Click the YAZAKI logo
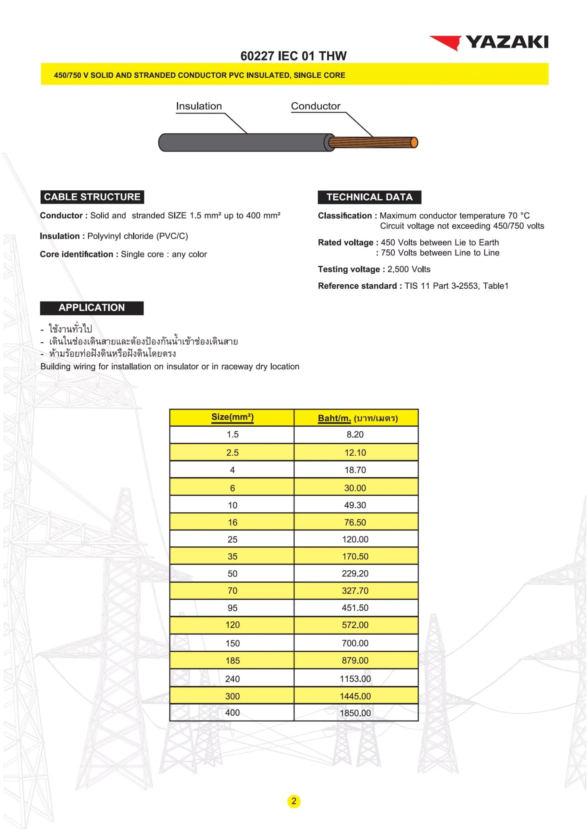(x=489, y=42)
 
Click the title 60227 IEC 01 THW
(x=293, y=56)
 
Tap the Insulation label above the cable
(x=199, y=106)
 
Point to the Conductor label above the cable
(x=315, y=106)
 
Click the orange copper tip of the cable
(x=414, y=142)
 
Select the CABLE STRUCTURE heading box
(x=92, y=197)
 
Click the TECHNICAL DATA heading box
(x=369, y=197)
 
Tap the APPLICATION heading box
(x=92, y=308)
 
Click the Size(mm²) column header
(x=232, y=417)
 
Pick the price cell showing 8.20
(x=355, y=435)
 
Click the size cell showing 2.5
(x=232, y=453)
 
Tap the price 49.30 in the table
(x=355, y=505)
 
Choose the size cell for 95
(x=232, y=608)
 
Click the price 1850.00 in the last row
(x=355, y=713)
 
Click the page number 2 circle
(x=294, y=801)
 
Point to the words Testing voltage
(x=349, y=269)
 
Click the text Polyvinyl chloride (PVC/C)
(x=138, y=236)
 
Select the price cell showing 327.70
(x=355, y=591)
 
